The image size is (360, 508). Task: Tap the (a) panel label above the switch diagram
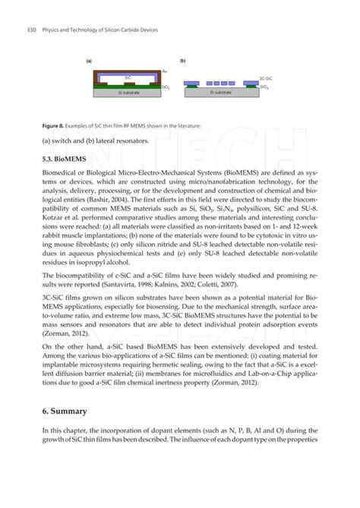[89, 61]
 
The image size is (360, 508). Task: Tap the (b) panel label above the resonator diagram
[183, 61]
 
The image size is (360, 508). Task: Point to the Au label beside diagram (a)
[165, 71]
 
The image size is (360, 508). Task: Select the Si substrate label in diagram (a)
[128, 93]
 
